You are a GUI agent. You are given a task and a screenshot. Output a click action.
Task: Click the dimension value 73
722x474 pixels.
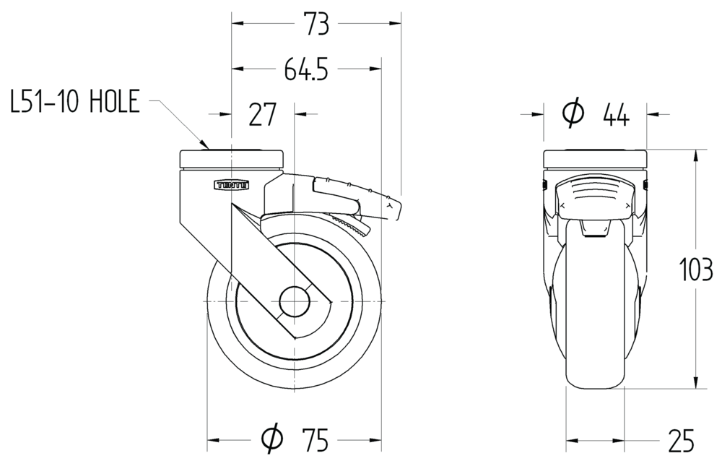316,25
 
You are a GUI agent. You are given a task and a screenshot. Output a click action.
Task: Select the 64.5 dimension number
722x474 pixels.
306,70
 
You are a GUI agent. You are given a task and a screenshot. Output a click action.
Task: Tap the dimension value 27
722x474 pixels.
262,115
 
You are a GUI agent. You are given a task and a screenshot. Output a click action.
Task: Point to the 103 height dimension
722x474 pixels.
696,270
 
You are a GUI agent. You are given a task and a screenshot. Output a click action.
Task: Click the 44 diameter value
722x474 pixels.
616,115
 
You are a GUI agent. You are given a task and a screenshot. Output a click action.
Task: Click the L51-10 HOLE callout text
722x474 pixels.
74,102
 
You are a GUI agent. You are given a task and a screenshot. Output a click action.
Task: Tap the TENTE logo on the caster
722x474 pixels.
232,185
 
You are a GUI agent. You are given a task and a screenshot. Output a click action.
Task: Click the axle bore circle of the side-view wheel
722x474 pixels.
295,301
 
